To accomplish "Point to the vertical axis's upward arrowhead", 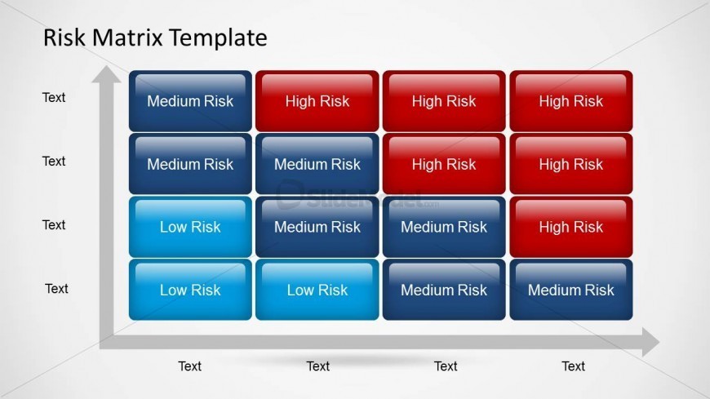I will [105, 76].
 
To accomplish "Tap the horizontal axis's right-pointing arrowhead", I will [649, 342].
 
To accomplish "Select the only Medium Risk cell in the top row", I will [190, 101].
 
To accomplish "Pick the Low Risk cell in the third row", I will [190, 227].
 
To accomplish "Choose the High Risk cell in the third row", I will [570, 227].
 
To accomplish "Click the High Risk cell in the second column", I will [317, 101].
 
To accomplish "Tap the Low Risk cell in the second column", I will [317, 290].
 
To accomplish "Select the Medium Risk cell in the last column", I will [570, 290].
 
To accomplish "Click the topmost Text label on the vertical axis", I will [54, 98].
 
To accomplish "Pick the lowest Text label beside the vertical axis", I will [56, 289].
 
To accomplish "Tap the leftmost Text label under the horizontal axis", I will [190, 366].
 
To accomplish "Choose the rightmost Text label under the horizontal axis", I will [573, 366].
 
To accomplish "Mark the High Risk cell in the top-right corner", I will [570, 101].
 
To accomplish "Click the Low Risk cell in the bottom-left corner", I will [190, 290].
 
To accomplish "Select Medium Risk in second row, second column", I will [317, 164].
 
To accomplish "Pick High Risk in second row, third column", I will [444, 164].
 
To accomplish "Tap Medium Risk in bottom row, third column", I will [444, 290].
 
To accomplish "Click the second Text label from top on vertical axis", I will [54, 162].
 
